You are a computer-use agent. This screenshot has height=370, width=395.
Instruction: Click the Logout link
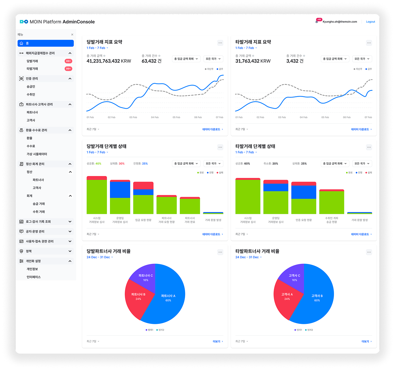(370, 22)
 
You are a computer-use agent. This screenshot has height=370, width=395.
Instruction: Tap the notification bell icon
(317, 22)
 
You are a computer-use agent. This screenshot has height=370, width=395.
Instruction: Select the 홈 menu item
(46, 43)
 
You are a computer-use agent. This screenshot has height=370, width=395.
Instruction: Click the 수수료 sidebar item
(31, 146)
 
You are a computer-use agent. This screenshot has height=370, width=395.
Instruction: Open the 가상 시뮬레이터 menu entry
(37, 154)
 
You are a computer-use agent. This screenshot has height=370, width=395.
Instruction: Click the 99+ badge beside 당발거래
(68, 61)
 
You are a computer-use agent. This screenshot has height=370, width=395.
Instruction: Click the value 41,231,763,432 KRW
(109, 61)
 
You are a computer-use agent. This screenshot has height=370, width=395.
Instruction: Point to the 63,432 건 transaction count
(151, 61)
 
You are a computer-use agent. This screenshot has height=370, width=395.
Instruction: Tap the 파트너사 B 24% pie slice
(138, 296)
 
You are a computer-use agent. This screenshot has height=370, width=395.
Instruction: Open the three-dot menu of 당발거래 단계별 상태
(220, 147)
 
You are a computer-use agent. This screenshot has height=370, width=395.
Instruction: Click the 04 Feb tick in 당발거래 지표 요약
(155, 117)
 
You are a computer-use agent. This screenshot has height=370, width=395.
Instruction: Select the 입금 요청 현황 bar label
(143, 220)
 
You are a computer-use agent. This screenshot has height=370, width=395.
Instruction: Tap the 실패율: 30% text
(117, 163)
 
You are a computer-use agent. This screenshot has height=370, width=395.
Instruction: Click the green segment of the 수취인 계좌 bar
(331, 202)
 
